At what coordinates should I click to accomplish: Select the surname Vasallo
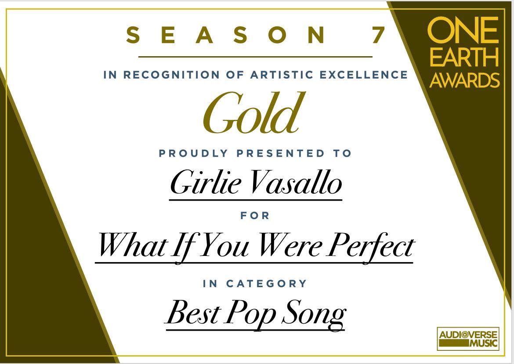pyautogui.click(x=296, y=183)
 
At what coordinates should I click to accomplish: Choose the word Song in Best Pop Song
pyautogui.click(x=314, y=314)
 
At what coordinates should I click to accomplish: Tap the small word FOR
pyautogui.click(x=255, y=216)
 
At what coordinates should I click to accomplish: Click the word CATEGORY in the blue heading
pyautogui.click(x=266, y=283)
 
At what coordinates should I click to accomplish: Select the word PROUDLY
pyautogui.click(x=193, y=153)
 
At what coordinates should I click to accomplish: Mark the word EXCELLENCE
pyautogui.click(x=364, y=75)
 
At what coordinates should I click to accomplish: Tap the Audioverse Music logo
pyautogui.click(x=468, y=339)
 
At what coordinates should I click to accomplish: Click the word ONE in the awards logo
pyautogui.click(x=463, y=30)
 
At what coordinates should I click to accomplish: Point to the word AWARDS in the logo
pyautogui.click(x=464, y=80)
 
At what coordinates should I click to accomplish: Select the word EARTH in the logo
pyautogui.click(x=464, y=58)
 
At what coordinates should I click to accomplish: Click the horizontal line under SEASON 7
pyautogui.click(x=255, y=57)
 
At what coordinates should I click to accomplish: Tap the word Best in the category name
pyautogui.click(x=193, y=313)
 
